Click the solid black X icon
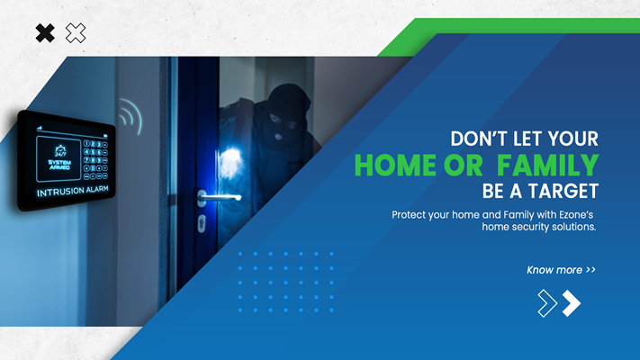click(45, 33)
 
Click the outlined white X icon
click(76, 33)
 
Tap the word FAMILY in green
click(548, 166)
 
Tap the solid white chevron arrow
click(572, 303)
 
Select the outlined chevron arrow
click(547, 303)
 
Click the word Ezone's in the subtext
click(576, 215)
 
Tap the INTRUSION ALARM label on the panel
click(73, 192)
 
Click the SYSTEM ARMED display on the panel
click(59, 165)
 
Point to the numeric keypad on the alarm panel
click(95, 160)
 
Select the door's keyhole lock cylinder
click(202, 224)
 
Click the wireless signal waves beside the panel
click(131, 116)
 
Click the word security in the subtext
click(529, 227)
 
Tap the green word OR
click(464, 166)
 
